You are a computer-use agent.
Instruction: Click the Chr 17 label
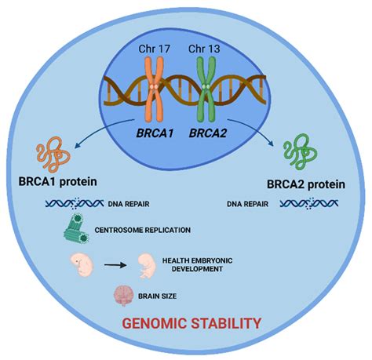[x=155, y=49]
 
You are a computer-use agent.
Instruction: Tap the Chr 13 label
[x=204, y=49]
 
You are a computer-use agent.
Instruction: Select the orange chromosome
[x=155, y=89]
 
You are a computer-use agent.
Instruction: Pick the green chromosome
[x=206, y=89]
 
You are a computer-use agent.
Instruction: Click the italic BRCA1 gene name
[x=155, y=133]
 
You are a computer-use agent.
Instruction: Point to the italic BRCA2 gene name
[x=208, y=133]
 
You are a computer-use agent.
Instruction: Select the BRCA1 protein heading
[x=58, y=182]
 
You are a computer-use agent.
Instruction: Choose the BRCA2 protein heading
[x=306, y=184]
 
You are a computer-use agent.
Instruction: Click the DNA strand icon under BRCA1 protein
[x=75, y=203]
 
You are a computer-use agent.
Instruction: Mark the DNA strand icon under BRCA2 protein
[x=309, y=203]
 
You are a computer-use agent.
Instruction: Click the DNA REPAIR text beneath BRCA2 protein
[x=247, y=204]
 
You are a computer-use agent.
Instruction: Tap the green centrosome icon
[x=77, y=228]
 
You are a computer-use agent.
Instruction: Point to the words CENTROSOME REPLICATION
[x=143, y=230]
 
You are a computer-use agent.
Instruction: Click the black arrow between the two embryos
[x=115, y=265]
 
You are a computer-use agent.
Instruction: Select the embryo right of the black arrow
[x=148, y=266]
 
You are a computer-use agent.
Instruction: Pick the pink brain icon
[x=123, y=296]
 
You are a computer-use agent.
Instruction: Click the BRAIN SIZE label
[x=157, y=296]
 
